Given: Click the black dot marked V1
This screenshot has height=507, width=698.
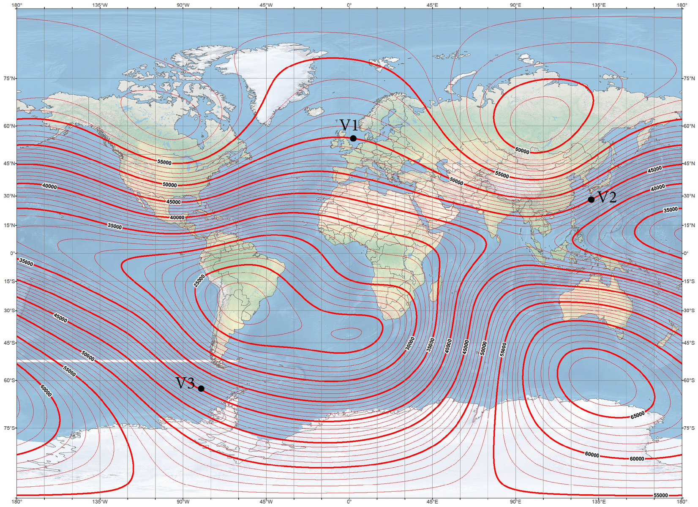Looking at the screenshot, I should [353, 139].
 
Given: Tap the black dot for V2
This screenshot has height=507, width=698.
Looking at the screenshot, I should [591, 199].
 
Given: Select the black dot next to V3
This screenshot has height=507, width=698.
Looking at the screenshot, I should [201, 389].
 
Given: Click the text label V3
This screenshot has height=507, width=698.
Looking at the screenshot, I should [185, 383].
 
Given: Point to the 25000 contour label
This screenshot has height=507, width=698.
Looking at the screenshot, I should [199, 281].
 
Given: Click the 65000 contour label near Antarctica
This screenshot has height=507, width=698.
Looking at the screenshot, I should [638, 415].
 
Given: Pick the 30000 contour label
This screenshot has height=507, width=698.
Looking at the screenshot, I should [409, 343].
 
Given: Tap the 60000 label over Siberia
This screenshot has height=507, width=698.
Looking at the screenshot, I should [522, 150].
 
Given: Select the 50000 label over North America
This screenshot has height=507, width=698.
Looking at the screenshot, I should [170, 185].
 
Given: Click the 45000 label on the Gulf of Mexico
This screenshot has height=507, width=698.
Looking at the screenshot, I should [173, 202].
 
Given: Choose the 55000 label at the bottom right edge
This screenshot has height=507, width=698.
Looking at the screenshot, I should [661, 495].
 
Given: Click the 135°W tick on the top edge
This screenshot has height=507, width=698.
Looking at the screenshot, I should [100, 5].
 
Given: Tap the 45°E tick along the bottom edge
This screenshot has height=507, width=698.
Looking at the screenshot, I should [432, 502].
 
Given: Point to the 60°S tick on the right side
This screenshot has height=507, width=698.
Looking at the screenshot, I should [689, 380].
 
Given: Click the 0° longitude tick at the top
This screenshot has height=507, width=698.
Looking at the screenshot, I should [349, 5].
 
